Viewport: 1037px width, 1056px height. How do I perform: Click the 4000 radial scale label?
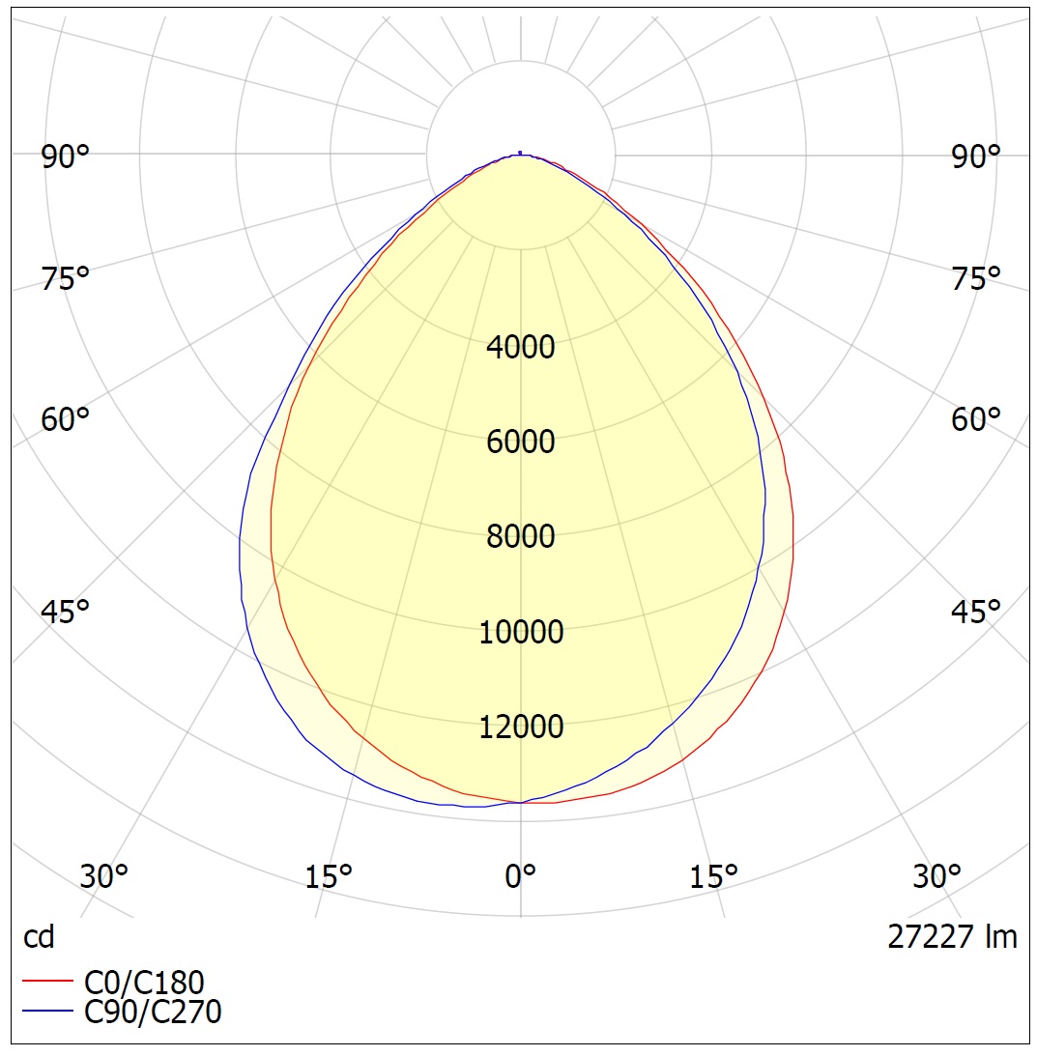521,347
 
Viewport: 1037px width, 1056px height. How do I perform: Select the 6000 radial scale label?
521,442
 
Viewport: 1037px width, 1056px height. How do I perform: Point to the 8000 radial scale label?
521,536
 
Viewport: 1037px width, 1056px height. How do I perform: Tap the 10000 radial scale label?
521,632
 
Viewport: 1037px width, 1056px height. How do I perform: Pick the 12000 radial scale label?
521,727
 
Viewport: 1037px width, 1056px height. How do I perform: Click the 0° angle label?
521,876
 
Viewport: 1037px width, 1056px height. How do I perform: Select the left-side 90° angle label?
66,157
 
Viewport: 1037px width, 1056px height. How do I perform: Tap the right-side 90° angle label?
976,157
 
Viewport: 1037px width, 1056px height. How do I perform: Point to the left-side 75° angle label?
66,279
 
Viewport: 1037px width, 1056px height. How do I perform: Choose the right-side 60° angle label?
976,419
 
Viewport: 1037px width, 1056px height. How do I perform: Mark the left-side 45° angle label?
66,612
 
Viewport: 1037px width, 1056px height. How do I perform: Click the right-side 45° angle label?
976,612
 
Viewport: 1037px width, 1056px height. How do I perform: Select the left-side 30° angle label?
103,876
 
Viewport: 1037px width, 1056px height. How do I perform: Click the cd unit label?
39,936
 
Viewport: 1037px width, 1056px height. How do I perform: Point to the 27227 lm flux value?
952,936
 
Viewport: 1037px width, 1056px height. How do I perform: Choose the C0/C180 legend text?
145,982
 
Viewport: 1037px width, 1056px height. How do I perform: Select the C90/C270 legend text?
153,1012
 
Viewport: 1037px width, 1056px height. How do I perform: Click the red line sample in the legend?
47,982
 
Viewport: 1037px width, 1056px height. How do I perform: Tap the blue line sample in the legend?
47,1012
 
